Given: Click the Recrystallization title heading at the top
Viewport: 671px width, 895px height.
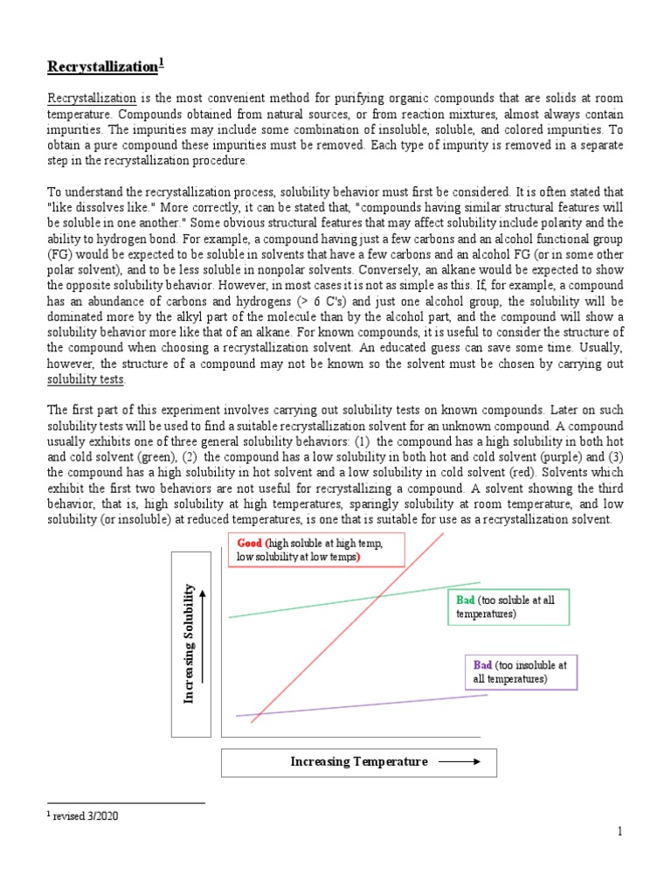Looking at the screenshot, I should [104, 66].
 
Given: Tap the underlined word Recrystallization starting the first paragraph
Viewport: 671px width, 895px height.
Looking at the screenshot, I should [91, 99].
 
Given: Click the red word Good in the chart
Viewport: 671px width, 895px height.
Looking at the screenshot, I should [250, 543].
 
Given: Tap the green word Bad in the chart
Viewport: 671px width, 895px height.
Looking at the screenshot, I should [465, 600].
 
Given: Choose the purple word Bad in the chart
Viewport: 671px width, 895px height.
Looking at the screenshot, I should [482, 665].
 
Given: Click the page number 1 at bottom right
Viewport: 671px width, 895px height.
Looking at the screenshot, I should [619, 832].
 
